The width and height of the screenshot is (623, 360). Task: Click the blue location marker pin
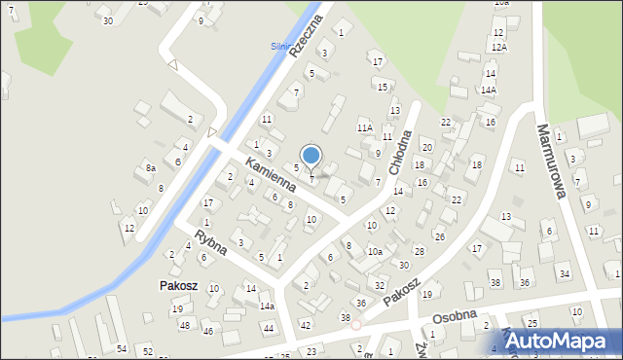coord(311,157)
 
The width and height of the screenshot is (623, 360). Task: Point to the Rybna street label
coord(210,242)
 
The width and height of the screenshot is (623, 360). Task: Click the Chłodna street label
coord(399,152)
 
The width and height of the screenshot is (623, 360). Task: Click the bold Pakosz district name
coord(180,287)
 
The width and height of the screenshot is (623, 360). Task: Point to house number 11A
coord(365,127)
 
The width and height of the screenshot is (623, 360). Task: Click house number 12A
coord(498,47)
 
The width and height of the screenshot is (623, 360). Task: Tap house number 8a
coord(151,168)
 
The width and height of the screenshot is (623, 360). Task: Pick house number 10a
coord(375,251)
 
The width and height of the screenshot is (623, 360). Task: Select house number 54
coord(122,348)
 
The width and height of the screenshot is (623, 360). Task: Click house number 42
coord(306,325)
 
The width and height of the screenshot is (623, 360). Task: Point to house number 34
coord(563,275)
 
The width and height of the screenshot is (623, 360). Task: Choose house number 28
coord(419,251)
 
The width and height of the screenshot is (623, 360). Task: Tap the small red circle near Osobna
coord(356,325)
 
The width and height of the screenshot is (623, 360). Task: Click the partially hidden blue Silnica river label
coord(280,46)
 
